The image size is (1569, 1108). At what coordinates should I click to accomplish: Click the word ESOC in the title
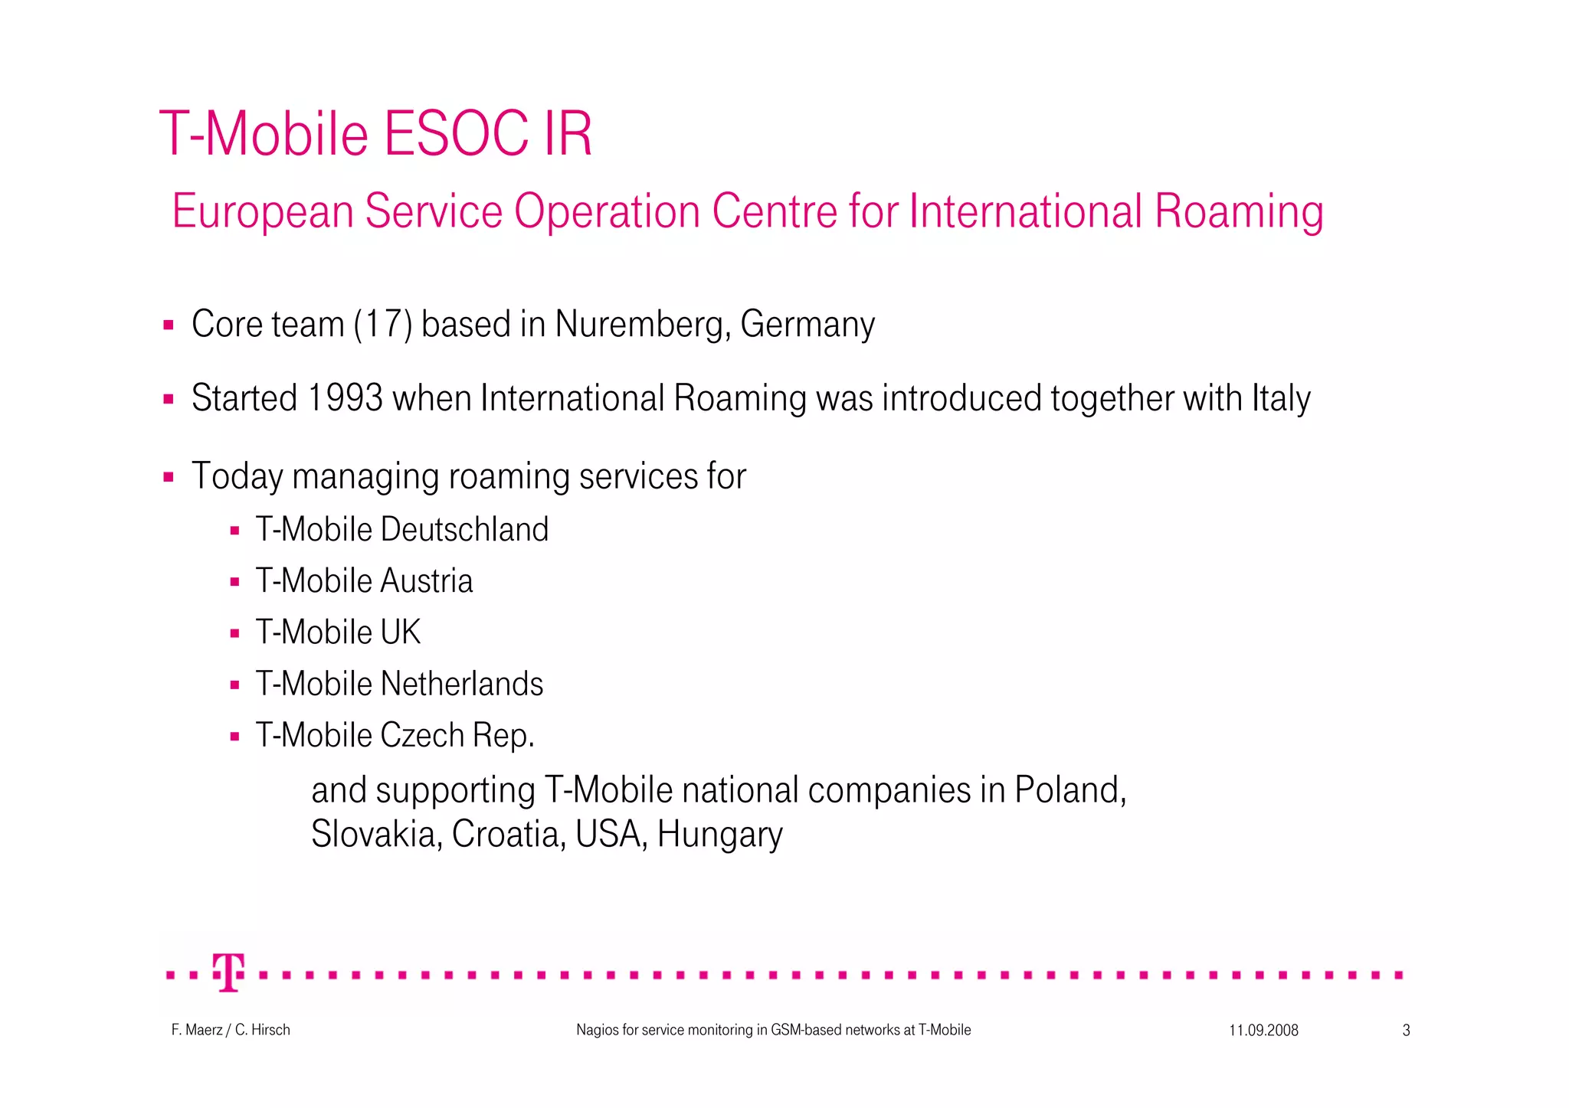tap(447, 135)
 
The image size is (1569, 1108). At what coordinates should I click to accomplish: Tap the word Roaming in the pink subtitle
tap(1239, 211)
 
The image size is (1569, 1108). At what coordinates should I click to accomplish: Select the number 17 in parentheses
tap(383, 324)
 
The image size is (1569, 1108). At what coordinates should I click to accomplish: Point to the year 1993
tap(345, 398)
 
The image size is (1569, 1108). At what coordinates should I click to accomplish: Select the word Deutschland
tap(464, 530)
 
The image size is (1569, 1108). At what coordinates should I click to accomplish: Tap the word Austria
tap(427, 581)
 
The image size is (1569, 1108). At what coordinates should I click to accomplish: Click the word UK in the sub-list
tap(401, 632)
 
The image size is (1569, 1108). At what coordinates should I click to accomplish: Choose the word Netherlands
tap(462, 684)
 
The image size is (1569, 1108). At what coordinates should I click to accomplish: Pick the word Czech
tap(422, 735)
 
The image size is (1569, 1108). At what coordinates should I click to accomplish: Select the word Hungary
tap(719, 834)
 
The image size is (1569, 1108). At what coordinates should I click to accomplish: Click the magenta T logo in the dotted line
tap(228, 972)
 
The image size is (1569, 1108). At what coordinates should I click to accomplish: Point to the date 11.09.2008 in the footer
tap(1263, 1031)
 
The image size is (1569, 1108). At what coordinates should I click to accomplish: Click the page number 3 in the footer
tap(1406, 1031)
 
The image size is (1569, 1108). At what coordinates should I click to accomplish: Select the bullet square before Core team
tap(169, 325)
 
